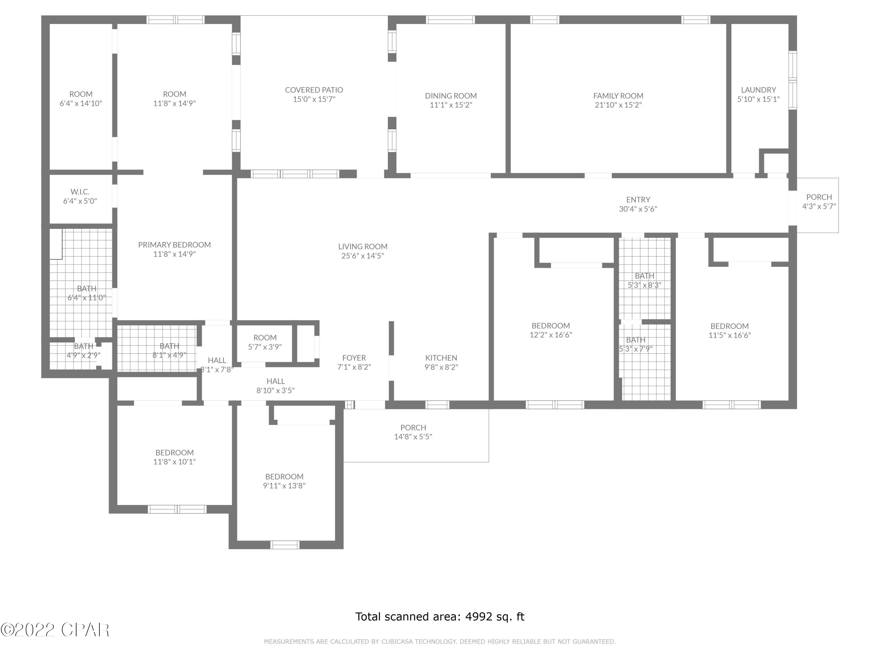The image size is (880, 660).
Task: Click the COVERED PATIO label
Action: [314, 90]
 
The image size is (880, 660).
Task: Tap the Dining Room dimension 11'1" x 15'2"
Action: [451, 105]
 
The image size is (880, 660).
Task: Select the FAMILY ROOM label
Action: [618, 96]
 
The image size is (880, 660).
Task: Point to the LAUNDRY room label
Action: [758, 90]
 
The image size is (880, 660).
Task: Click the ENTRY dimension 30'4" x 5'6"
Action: [638, 209]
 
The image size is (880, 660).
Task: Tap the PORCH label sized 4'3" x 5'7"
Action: [819, 197]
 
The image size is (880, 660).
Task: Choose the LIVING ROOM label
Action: [363, 247]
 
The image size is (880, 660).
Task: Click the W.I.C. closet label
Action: [80, 192]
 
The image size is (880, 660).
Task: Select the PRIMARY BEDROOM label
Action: [174, 245]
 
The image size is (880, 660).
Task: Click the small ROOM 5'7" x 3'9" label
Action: [265, 337]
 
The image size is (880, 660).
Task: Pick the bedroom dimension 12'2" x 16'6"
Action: [551, 335]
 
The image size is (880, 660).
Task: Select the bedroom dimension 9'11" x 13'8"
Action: [284, 485]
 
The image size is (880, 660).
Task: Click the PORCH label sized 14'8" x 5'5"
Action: [413, 427]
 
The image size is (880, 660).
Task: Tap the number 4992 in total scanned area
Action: [477, 617]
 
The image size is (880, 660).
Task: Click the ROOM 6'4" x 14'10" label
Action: [81, 94]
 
